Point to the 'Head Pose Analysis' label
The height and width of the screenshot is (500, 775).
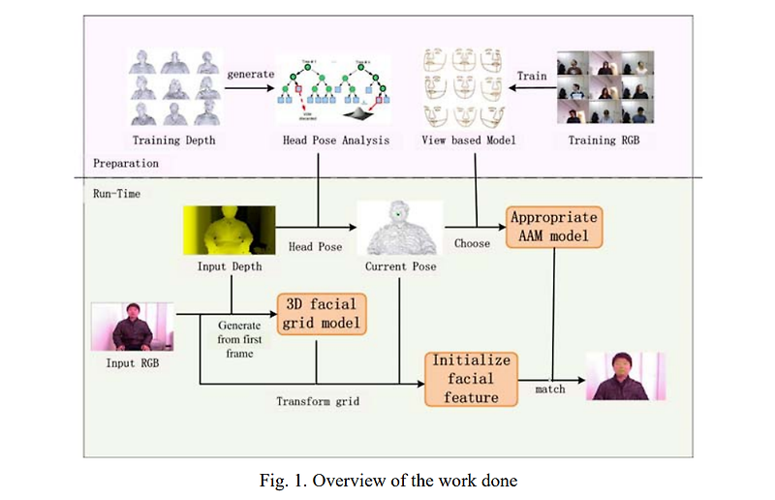tap(336, 141)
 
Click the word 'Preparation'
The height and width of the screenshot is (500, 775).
tap(126, 164)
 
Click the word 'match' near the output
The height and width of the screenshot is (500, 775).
tap(551, 391)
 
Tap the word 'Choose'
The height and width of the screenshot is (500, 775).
tap(472, 244)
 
